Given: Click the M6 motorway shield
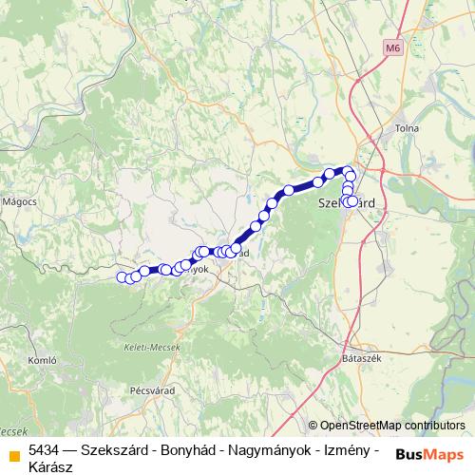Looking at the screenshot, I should click(x=393, y=47).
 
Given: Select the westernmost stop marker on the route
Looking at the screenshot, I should click(x=123, y=277).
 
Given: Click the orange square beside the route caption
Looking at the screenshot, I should click(x=13, y=455).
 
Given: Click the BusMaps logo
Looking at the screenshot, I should click(x=430, y=454).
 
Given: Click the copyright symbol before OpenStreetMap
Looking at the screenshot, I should click(x=313, y=426).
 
